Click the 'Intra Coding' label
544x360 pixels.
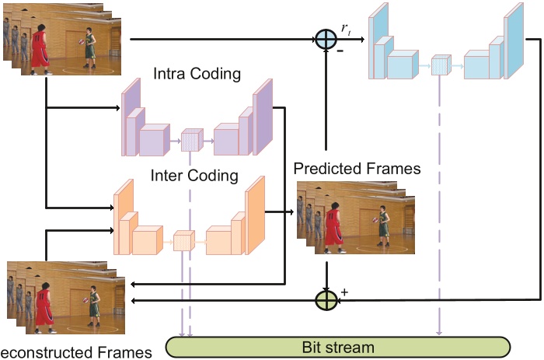coord(197,75)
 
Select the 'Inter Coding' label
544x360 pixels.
coord(194,175)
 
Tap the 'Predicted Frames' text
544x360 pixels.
coord(357,168)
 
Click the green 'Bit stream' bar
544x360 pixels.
coord(338,346)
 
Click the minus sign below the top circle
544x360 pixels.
coord(340,51)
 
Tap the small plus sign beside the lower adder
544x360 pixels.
coord(343,292)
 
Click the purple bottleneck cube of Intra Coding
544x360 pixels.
coord(190,141)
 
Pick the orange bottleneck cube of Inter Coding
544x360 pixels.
coord(183,241)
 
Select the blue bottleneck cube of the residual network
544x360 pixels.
coord(441,65)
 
